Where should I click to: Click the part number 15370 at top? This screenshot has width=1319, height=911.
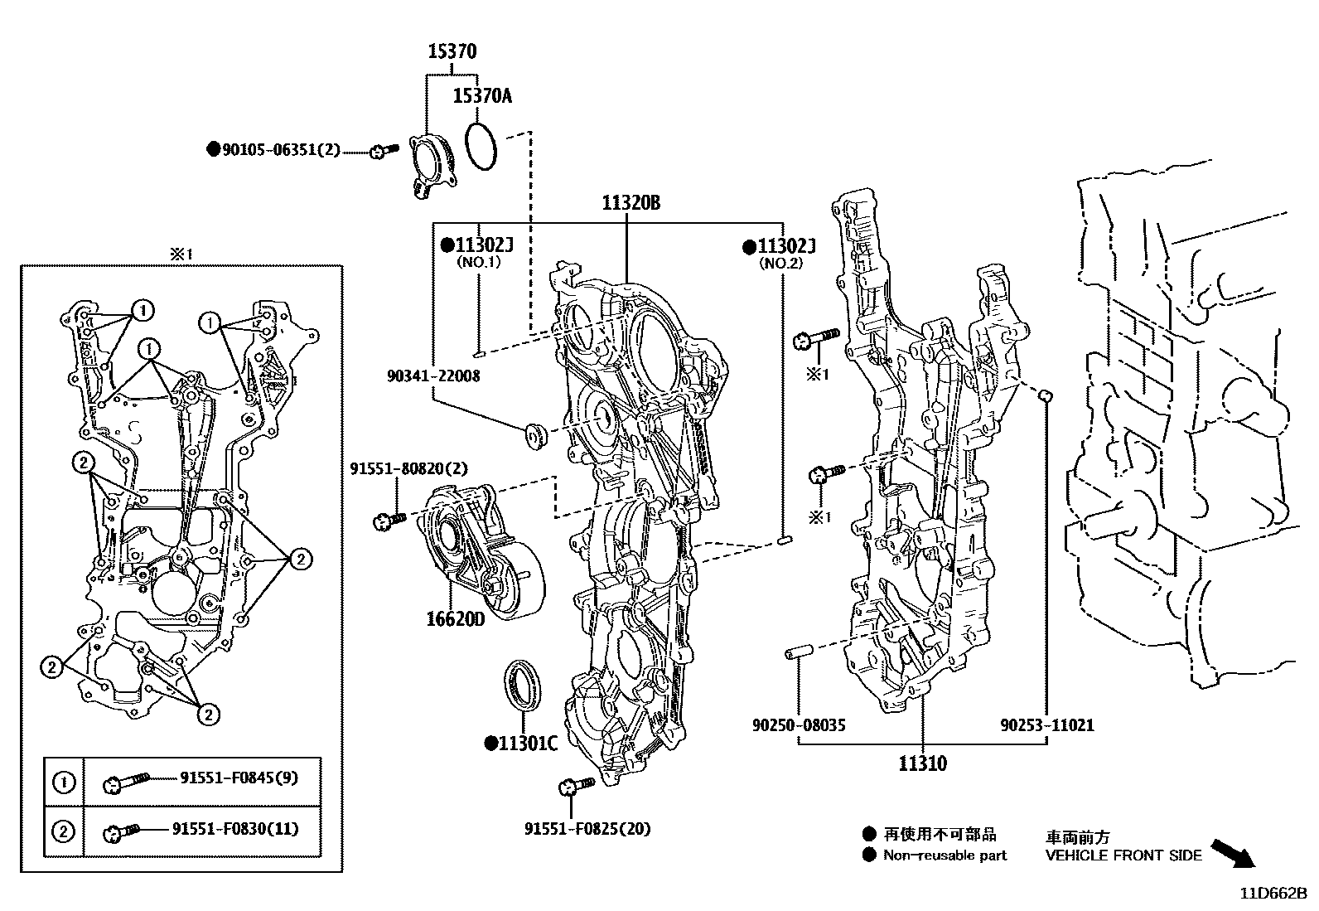tap(452, 51)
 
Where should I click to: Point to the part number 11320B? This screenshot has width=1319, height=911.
tap(631, 203)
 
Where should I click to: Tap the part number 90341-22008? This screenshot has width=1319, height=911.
tap(432, 376)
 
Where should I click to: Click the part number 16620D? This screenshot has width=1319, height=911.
tap(455, 619)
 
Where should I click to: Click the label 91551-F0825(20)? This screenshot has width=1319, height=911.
tap(587, 828)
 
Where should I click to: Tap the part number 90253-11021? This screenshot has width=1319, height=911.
tap(1046, 725)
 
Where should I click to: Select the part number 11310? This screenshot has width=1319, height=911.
tap(922, 763)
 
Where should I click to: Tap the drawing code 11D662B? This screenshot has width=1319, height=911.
tap(1273, 893)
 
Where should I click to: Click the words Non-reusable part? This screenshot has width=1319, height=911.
tap(945, 855)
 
